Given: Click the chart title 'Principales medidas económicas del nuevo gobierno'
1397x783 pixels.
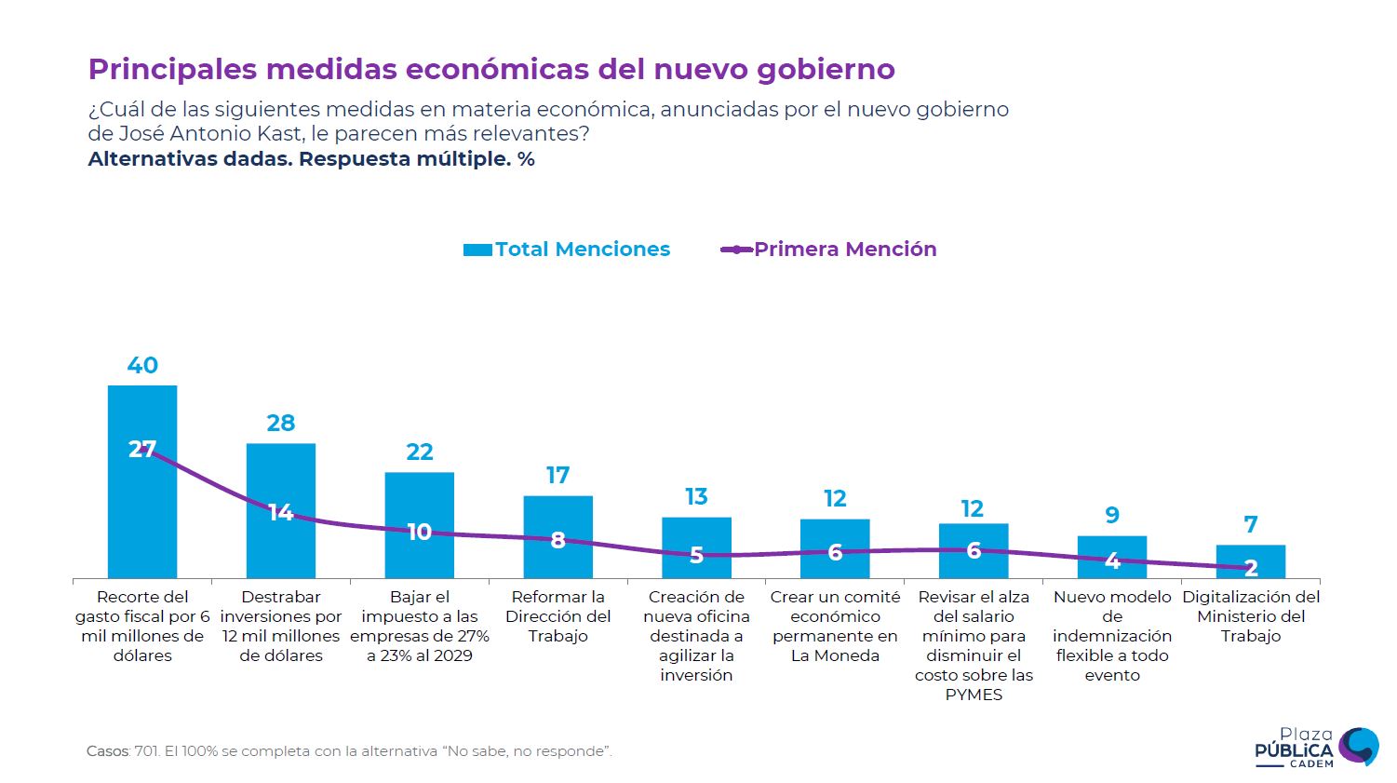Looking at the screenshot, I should pos(490,70).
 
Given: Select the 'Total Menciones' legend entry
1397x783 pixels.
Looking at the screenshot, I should pos(567,250).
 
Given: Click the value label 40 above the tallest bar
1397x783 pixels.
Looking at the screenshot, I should pos(142,366).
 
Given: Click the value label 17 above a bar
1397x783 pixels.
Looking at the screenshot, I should pos(557,476).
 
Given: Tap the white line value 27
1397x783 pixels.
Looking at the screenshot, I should pos(141,450).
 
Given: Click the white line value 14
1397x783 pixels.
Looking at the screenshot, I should pos(281,513).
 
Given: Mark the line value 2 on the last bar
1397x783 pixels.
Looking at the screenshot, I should pos(1251,568).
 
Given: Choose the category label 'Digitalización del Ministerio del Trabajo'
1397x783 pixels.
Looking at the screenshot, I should pos(1251,616).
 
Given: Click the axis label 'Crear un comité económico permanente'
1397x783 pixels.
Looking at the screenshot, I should pos(835,626).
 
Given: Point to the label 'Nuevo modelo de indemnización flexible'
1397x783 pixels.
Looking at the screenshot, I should pos(1112,636).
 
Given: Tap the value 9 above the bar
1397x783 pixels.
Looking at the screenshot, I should pos(1112,516).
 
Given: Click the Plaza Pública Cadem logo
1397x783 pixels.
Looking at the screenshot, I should pos(1316,748).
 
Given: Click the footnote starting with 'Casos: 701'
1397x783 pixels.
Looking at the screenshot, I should pos(349,751).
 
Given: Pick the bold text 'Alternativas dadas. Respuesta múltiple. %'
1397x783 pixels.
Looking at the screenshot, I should pos(311,159).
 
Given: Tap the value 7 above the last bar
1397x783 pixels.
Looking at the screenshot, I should pos(1251,525).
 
